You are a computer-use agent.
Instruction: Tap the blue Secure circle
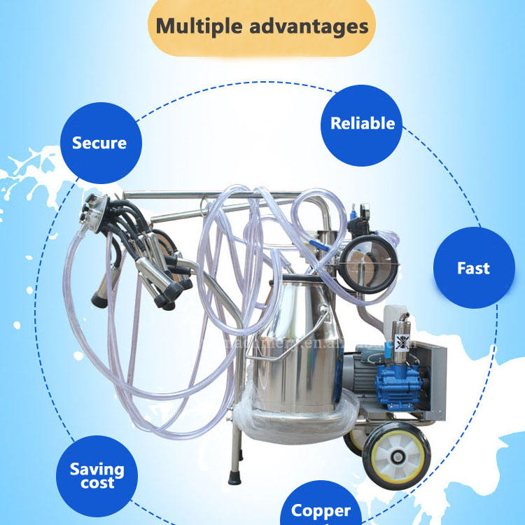[x=99, y=143]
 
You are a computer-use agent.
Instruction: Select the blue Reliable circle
[x=363, y=124]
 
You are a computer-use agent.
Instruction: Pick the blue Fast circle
[x=473, y=268]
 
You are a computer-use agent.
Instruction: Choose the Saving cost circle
[x=97, y=476]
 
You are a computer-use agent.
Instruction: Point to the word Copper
[x=321, y=510]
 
